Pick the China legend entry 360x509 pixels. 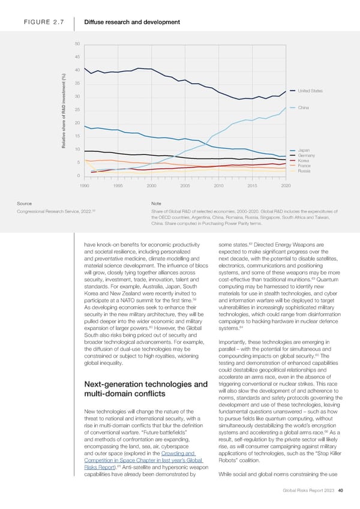pos(303,108)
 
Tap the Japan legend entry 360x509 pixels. pos(304,150)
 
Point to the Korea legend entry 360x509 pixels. pos(303,161)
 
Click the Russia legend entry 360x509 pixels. pos(304,171)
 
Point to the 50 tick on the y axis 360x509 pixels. pos(78,44)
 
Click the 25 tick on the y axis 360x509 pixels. pos(78,110)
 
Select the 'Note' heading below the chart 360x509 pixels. pos(157,203)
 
